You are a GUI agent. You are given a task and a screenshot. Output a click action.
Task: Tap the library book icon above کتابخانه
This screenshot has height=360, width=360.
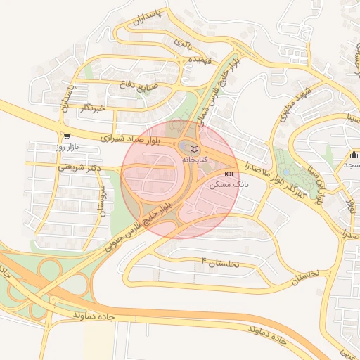(x=194, y=149)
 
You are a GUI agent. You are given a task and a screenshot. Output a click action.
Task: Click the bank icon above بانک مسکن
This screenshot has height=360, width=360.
(x=229, y=173)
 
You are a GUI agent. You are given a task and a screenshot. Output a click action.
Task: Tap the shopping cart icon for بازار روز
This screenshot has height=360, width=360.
(x=66, y=137)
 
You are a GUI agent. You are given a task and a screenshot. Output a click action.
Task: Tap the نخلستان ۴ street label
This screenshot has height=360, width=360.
(x=221, y=263)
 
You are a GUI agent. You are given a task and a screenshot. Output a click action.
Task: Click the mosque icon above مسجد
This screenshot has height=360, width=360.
(x=354, y=155)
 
